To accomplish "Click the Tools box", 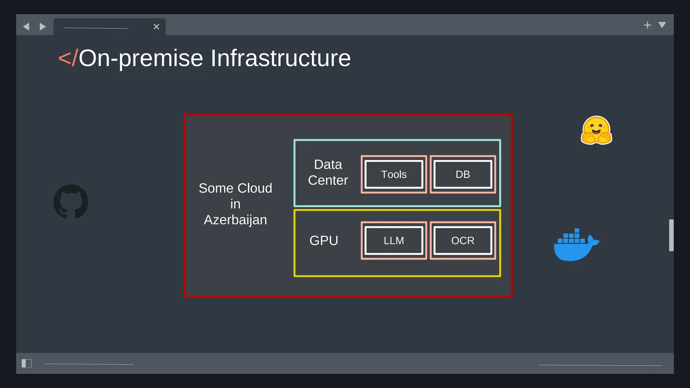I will click(x=394, y=174).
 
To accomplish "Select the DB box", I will click(x=463, y=174).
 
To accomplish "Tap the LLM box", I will click(x=394, y=240).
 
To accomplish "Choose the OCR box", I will click(x=463, y=240).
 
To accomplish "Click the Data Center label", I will click(x=328, y=172).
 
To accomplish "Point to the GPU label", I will click(x=324, y=240).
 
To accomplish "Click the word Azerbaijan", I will click(x=235, y=220).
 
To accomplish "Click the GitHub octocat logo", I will click(x=71, y=202).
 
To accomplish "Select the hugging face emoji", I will click(x=596, y=130).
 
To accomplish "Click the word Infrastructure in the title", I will click(x=280, y=58).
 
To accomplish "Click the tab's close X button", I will click(x=156, y=27).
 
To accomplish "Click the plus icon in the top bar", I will click(x=647, y=25).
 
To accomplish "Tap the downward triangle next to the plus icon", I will click(x=662, y=25).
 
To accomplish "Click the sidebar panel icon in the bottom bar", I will click(x=27, y=363).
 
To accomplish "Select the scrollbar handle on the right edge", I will click(x=671, y=235).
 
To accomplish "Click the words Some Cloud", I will click(x=235, y=188).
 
